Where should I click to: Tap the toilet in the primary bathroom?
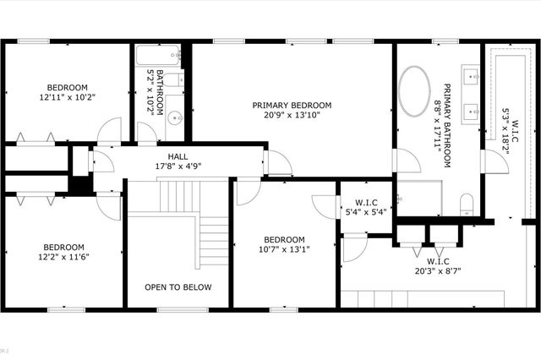pos(466,203)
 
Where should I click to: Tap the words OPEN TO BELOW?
pos(178,287)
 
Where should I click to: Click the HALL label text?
pos(178,156)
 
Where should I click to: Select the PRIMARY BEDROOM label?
pos(292,106)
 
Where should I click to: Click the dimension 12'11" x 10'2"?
pos(67,97)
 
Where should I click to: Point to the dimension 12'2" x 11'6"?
pos(63,258)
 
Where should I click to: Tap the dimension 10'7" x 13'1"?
pos(285,248)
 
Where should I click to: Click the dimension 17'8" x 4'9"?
pos(178,166)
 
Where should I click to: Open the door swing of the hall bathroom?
pos(146,134)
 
